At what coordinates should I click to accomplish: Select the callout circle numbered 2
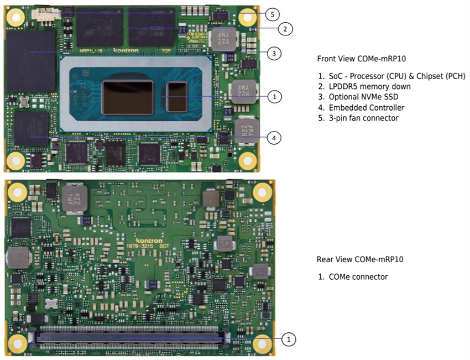284,29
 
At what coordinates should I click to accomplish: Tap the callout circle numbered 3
274,54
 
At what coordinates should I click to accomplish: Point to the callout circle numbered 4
274,138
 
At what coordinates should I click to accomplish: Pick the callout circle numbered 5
271,14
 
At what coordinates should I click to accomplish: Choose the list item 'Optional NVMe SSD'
365,97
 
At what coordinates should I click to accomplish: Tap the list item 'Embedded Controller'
367,107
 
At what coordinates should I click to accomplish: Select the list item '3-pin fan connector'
363,118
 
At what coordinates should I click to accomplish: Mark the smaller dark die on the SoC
177,96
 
